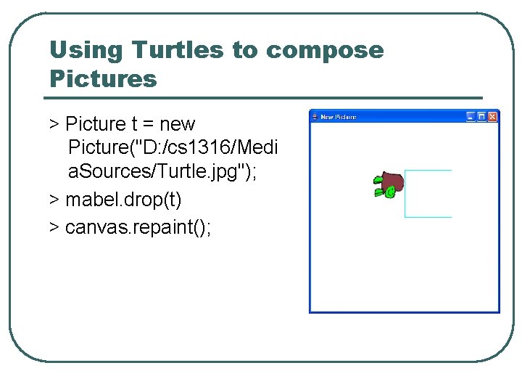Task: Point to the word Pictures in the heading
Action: coord(103,78)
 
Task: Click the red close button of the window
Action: coord(493,116)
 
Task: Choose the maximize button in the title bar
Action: coord(481,116)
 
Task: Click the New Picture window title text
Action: coord(339,116)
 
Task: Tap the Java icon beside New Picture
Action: coord(315,116)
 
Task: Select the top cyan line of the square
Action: coord(428,171)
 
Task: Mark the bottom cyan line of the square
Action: coord(428,217)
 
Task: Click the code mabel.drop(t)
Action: coord(123,198)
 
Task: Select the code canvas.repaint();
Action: coord(138,228)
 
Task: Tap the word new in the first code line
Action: coord(177,124)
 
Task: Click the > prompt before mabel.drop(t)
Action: coord(54,198)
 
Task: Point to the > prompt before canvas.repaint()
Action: coord(54,228)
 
